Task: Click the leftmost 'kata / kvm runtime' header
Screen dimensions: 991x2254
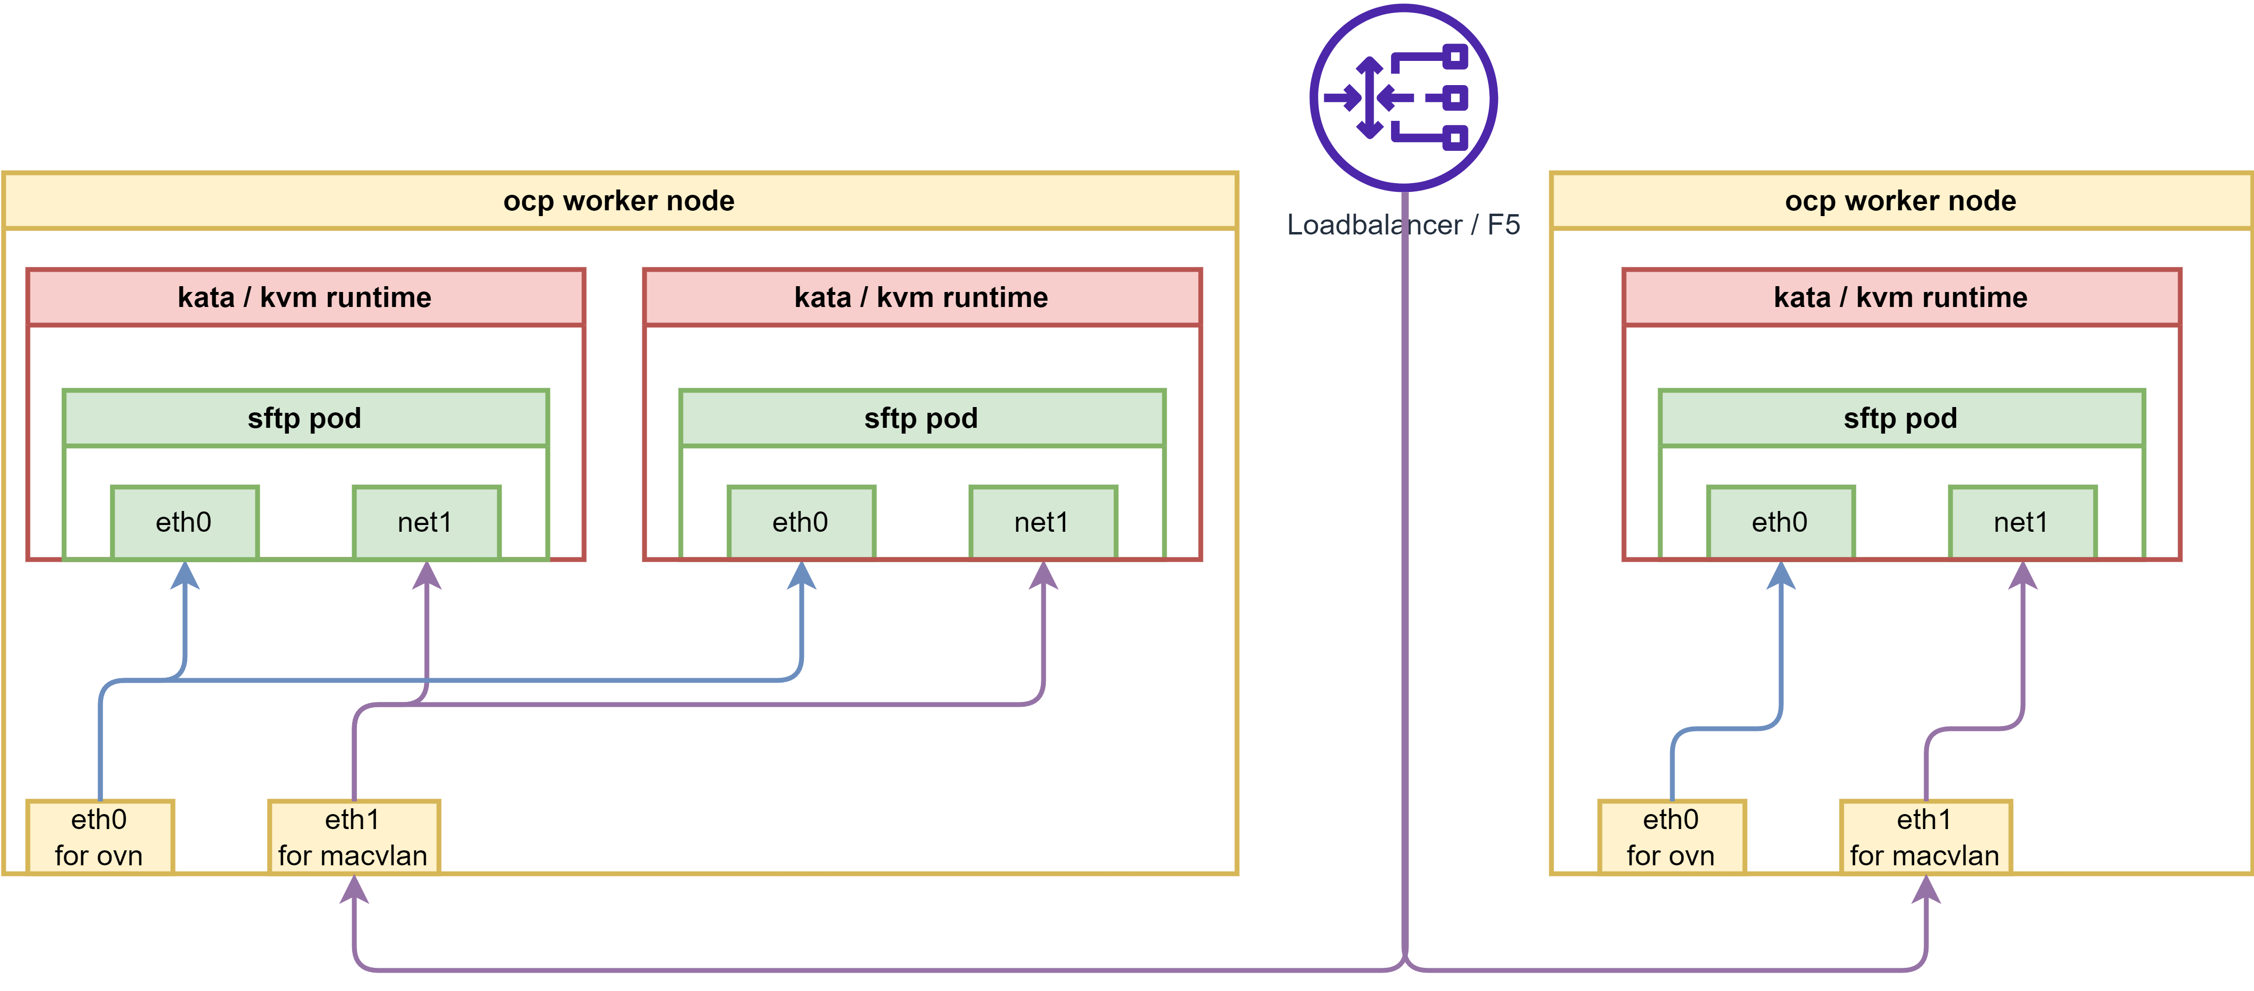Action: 305,297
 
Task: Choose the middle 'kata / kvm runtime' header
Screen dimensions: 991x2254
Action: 921,297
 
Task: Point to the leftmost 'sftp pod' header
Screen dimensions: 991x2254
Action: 305,418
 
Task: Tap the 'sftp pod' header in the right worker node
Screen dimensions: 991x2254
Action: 1900,418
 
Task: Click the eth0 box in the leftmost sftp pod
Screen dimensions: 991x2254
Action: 184,522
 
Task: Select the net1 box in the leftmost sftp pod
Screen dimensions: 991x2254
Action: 425,522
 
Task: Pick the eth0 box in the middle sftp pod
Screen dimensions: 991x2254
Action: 801,522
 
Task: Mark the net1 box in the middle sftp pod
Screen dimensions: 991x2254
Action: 1042,522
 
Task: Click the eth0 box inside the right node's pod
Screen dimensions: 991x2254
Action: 1780,522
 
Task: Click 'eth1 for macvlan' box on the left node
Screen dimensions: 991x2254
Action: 353,837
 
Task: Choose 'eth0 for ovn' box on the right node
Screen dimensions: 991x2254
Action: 1671,837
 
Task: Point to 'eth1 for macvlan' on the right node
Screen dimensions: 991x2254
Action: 1925,837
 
